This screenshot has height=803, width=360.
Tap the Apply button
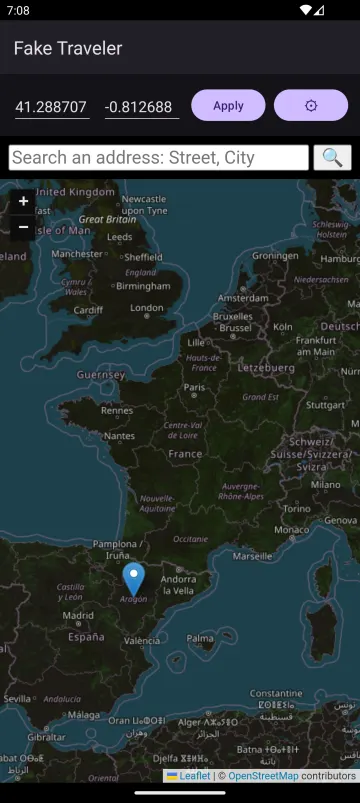tap(228, 105)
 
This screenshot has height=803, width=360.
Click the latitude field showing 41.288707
tap(52, 106)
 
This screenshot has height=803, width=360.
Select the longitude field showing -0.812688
tap(142, 106)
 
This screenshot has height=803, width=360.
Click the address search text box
tap(159, 158)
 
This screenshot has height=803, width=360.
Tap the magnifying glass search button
tap(332, 158)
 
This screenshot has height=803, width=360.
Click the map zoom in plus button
tap(24, 201)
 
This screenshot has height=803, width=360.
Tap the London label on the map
tap(147, 308)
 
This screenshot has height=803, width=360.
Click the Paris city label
tap(194, 388)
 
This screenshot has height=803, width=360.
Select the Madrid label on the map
tap(78, 616)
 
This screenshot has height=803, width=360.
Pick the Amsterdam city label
tap(243, 298)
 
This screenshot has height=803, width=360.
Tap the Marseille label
tap(252, 555)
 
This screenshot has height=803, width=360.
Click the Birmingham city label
tap(143, 285)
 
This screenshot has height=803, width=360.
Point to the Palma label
tap(200, 637)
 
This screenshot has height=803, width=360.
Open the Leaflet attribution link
tap(194, 776)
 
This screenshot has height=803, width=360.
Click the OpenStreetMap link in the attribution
tap(263, 776)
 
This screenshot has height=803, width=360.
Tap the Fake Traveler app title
tap(68, 48)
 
